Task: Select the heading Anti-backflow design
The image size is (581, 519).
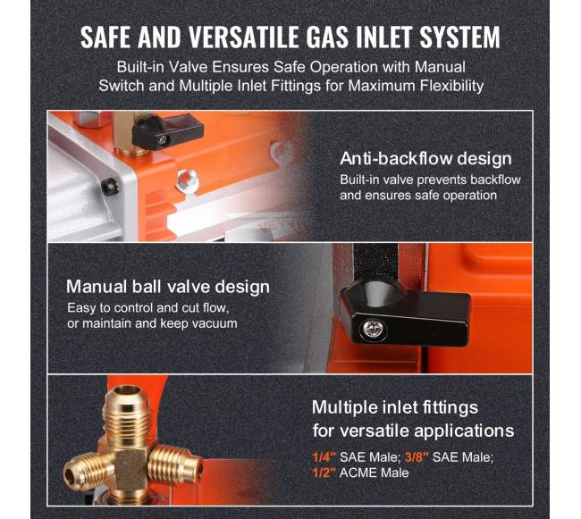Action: coord(425,158)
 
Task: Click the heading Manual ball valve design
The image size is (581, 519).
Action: coord(168,287)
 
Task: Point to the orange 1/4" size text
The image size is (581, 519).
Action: coord(324,457)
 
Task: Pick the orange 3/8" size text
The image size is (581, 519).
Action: coord(417,457)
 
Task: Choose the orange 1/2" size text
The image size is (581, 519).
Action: coord(324,473)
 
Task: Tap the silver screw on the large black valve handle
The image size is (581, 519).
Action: coord(373,328)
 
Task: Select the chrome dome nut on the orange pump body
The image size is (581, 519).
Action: coord(187,179)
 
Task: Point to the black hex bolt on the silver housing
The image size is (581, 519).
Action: coord(109,186)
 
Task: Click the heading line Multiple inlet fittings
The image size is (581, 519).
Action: coord(395,407)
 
